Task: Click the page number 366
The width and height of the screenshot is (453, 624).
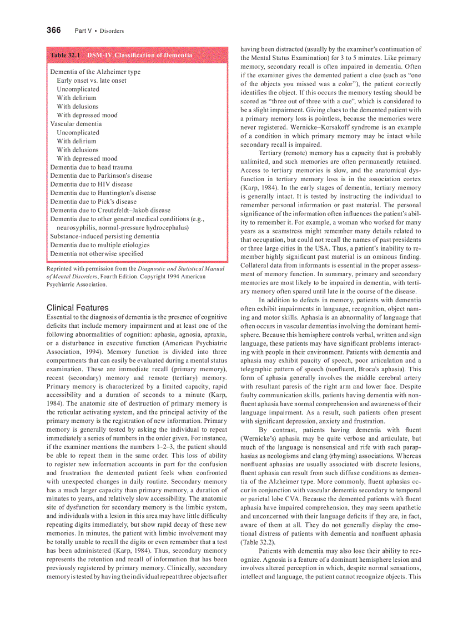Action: [x=53, y=30]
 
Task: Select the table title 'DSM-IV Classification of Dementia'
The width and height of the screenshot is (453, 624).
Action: [x=139, y=55]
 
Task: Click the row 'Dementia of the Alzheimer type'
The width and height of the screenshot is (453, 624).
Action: [x=95, y=72]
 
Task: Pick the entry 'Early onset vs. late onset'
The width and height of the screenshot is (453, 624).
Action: [x=91, y=81]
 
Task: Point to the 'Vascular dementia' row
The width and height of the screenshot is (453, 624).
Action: [x=76, y=124]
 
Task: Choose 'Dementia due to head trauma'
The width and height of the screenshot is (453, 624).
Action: [x=91, y=167]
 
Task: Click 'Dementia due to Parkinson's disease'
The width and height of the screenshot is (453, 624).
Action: [x=101, y=176]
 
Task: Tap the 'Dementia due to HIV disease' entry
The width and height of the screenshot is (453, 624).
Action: [x=91, y=184]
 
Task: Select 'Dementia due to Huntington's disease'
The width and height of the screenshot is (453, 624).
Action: [x=103, y=193]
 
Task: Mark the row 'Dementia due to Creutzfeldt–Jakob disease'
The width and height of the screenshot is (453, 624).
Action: [x=110, y=210]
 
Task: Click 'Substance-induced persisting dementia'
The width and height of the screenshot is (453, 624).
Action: [x=104, y=236]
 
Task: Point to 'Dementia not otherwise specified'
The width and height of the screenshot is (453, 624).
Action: [x=97, y=253]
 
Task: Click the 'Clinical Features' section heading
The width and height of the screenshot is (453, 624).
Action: [x=78, y=307]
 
